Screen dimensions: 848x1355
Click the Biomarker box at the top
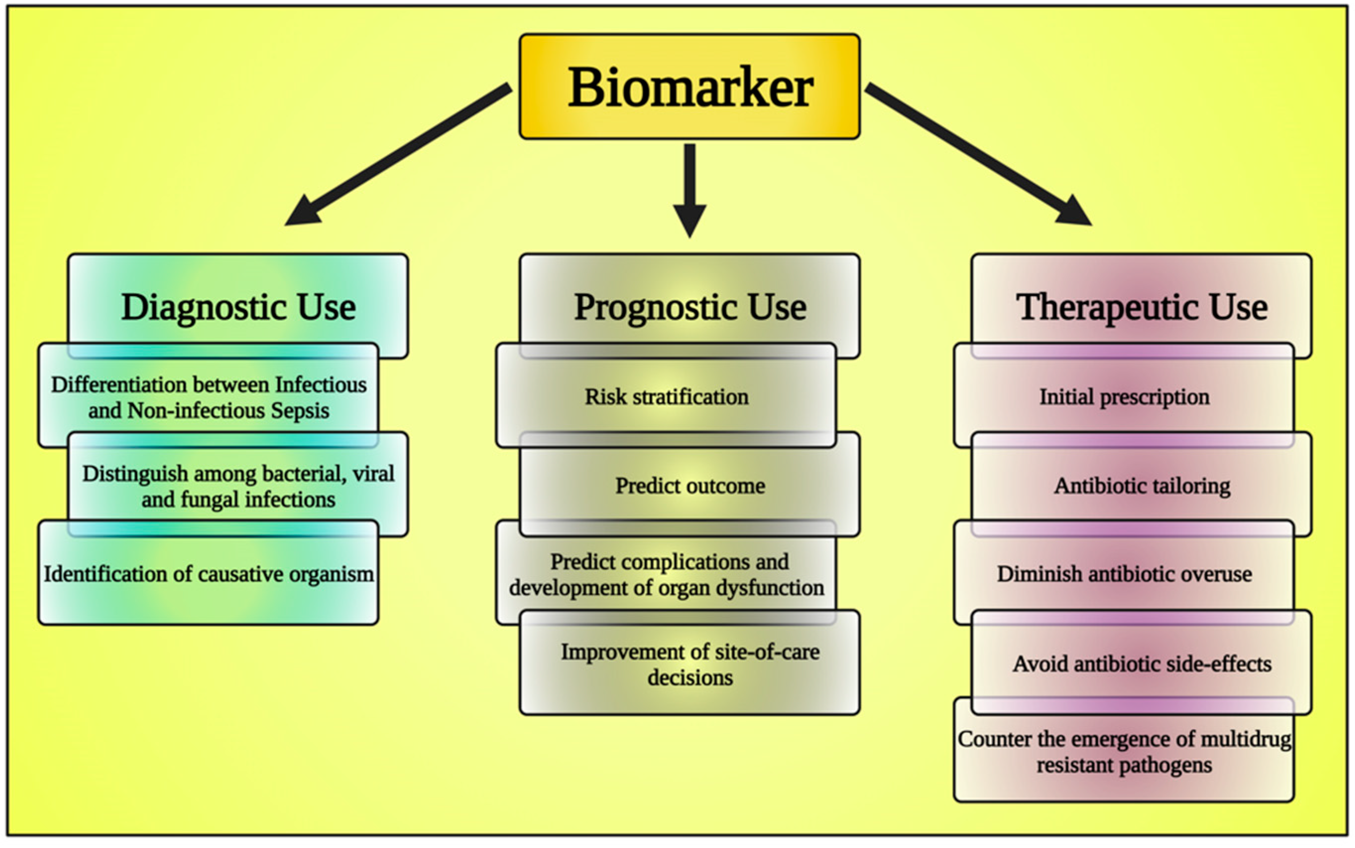[689, 87]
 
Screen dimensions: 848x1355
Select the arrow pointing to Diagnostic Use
[398, 154]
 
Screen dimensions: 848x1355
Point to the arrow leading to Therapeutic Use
[978, 154]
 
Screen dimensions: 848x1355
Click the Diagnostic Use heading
[238, 307]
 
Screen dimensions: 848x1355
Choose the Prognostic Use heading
[690, 307]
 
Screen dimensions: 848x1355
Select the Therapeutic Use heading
[1141, 307]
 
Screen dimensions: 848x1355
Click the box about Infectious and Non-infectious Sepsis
[209, 397]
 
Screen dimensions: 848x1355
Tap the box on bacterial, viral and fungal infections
[238, 485]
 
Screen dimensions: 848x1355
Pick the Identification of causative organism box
[209, 574]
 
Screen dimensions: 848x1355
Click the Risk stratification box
[666, 397]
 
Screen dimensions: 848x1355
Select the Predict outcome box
[690, 485]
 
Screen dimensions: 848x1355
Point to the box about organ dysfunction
[666, 574]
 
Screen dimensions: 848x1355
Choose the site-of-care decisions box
[690, 665]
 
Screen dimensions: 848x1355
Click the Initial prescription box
[1124, 397]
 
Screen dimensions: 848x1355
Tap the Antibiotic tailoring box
[1141, 485]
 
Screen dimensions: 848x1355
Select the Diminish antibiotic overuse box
[1124, 574]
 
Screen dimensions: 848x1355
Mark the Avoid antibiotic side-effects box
[1141, 665]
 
